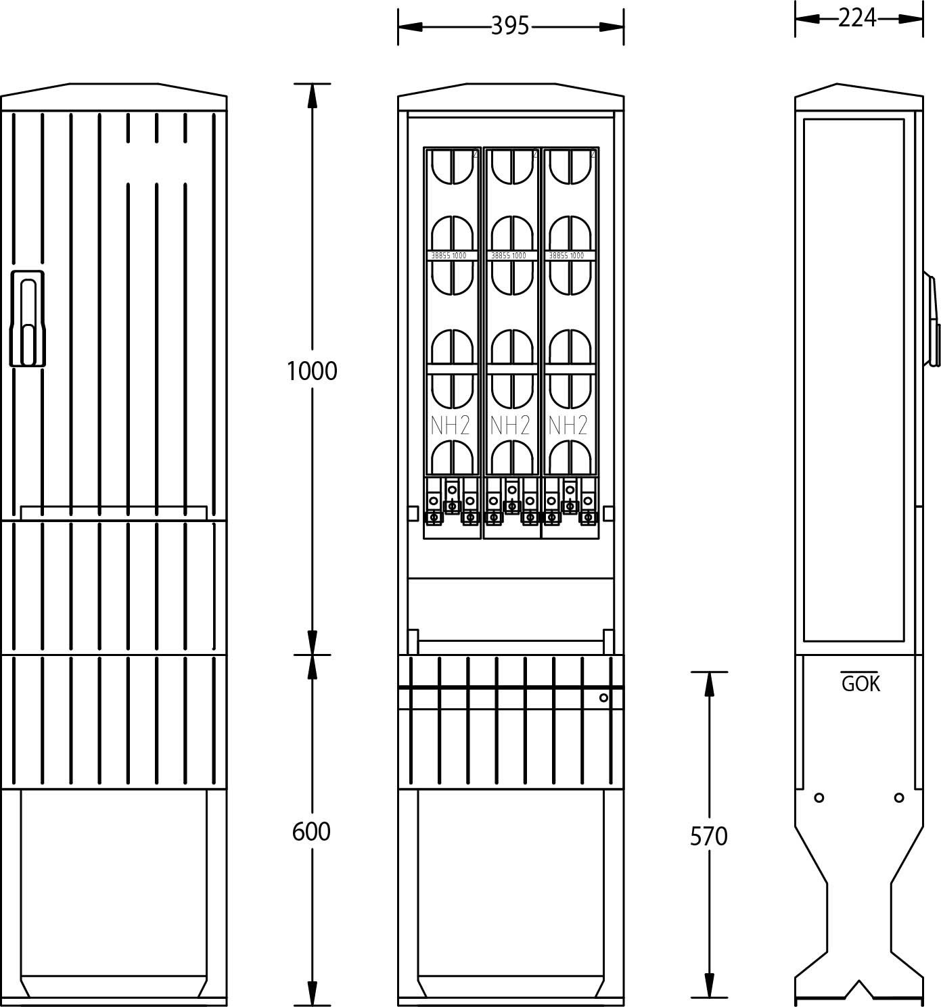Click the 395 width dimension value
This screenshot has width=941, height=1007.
coord(510,26)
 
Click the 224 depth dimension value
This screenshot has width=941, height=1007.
coord(857,18)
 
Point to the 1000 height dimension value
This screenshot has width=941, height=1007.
coord(312,371)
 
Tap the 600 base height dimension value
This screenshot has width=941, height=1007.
coord(311,832)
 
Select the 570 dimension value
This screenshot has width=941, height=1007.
coord(708,837)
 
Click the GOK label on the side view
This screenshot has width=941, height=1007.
coord(860,684)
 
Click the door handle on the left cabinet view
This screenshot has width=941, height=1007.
coord(27,319)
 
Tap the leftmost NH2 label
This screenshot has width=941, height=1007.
coord(451,425)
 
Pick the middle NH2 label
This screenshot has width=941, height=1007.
coord(509,425)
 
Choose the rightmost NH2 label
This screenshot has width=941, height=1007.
coord(568,425)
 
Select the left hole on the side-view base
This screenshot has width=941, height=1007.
coord(819,798)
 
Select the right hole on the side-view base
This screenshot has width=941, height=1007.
coord(899,798)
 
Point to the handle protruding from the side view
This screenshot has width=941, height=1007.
coord(934,321)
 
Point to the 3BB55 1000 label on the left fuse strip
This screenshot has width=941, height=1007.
coord(449,256)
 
